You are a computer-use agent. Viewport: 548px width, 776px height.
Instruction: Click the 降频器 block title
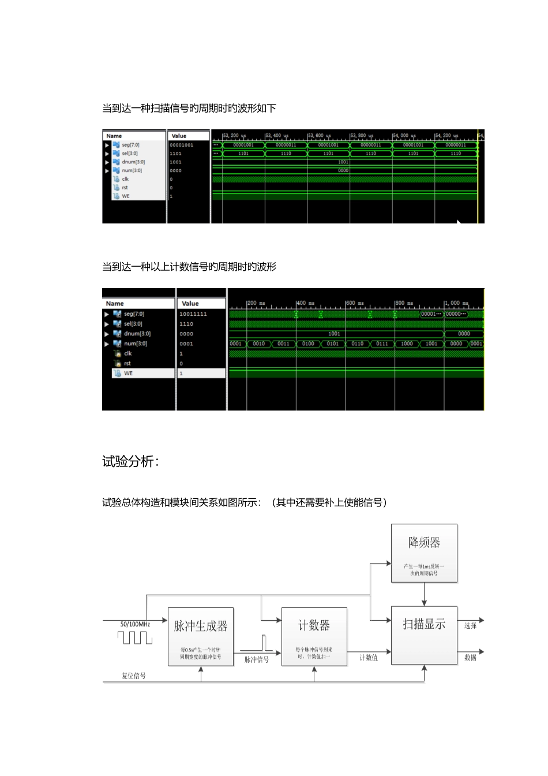click(x=424, y=543)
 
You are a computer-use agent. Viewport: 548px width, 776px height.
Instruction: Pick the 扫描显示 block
click(x=424, y=635)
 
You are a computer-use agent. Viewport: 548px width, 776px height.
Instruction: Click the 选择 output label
click(x=471, y=625)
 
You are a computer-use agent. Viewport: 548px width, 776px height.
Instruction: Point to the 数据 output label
click(x=471, y=658)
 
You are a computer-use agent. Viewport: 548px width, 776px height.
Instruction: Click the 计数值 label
click(x=369, y=658)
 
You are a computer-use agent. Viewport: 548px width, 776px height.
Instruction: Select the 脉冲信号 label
click(x=256, y=659)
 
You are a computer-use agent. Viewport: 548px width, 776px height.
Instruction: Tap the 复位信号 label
click(x=133, y=676)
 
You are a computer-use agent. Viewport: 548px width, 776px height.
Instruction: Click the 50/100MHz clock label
click(x=135, y=624)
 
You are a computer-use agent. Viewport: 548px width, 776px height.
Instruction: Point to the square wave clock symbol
click(x=135, y=637)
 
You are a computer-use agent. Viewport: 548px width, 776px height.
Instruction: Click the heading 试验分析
click(x=130, y=461)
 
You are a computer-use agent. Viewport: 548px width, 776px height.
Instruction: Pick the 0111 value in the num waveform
click(x=382, y=344)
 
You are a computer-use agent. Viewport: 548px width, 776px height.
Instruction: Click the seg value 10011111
click(x=193, y=314)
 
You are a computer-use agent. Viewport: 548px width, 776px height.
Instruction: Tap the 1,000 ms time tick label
click(x=456, y=303)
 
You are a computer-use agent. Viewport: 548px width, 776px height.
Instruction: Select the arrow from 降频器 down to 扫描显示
click(x=424, y=594)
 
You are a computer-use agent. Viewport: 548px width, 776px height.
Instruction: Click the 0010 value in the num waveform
click(x=259, y=344)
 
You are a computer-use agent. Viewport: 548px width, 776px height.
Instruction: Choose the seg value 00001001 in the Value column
click(x=182, y=145)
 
